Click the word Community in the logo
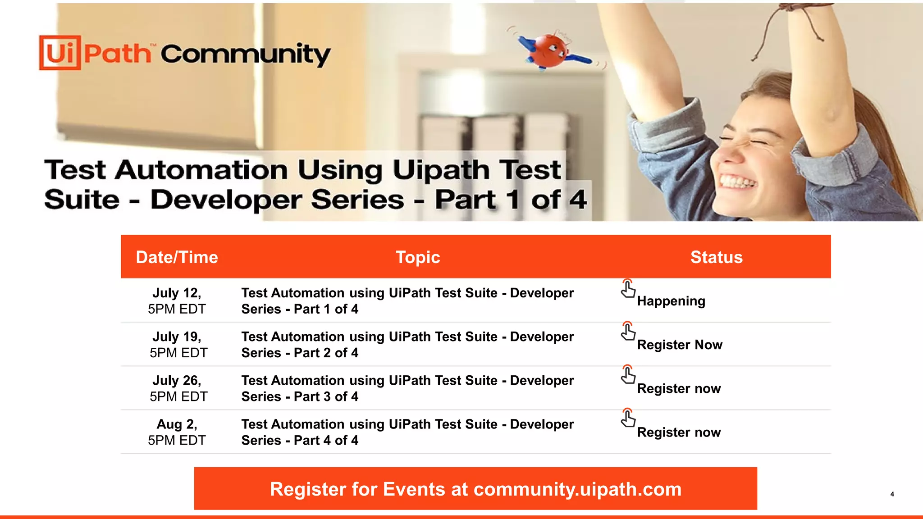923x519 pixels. [x=245, y=55]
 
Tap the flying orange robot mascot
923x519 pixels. [x=550, y=51]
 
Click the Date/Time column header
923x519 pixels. [x=177, y=257]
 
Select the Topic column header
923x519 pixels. [x=418, y=257]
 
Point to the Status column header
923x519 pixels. [x=716, y=257]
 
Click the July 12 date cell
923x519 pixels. [x=177, y=300]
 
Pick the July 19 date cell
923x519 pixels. [x=178, y=344]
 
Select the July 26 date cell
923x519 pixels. [x=178, y=388]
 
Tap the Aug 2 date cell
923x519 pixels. [x=177, y=432]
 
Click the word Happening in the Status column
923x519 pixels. [x=671, y=301]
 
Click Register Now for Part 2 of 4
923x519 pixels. [x=679, y=345]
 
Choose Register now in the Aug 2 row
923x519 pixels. [x=679, y=432]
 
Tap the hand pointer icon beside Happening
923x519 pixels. [x=628, y=289]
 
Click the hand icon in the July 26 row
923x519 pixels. [x=628, y=375]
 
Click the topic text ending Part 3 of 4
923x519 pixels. [x=407, y=388]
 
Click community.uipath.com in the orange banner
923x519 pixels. [x=577, y=489]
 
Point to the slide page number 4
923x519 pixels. [x=892, y=494]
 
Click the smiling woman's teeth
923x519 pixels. [x=737, y=182]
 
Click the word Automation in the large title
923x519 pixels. [x=201, y=170]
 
